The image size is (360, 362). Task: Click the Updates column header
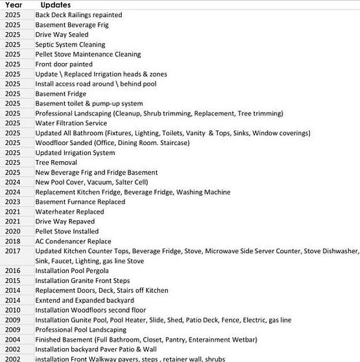[56, 5]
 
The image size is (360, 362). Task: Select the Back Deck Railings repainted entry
[79, 15]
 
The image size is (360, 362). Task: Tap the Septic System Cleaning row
[70, 44]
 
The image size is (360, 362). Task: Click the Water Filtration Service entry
[71, 123]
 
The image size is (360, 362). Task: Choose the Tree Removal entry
[55, 162]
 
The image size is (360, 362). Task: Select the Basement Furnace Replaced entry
[80, 202]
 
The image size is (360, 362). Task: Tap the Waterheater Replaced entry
[69, 212]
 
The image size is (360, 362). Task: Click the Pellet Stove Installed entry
[67, 231]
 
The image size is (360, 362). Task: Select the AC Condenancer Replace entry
[73, 241]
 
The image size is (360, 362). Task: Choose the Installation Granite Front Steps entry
[83, 281]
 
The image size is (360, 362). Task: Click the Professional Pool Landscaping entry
[80, 330]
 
